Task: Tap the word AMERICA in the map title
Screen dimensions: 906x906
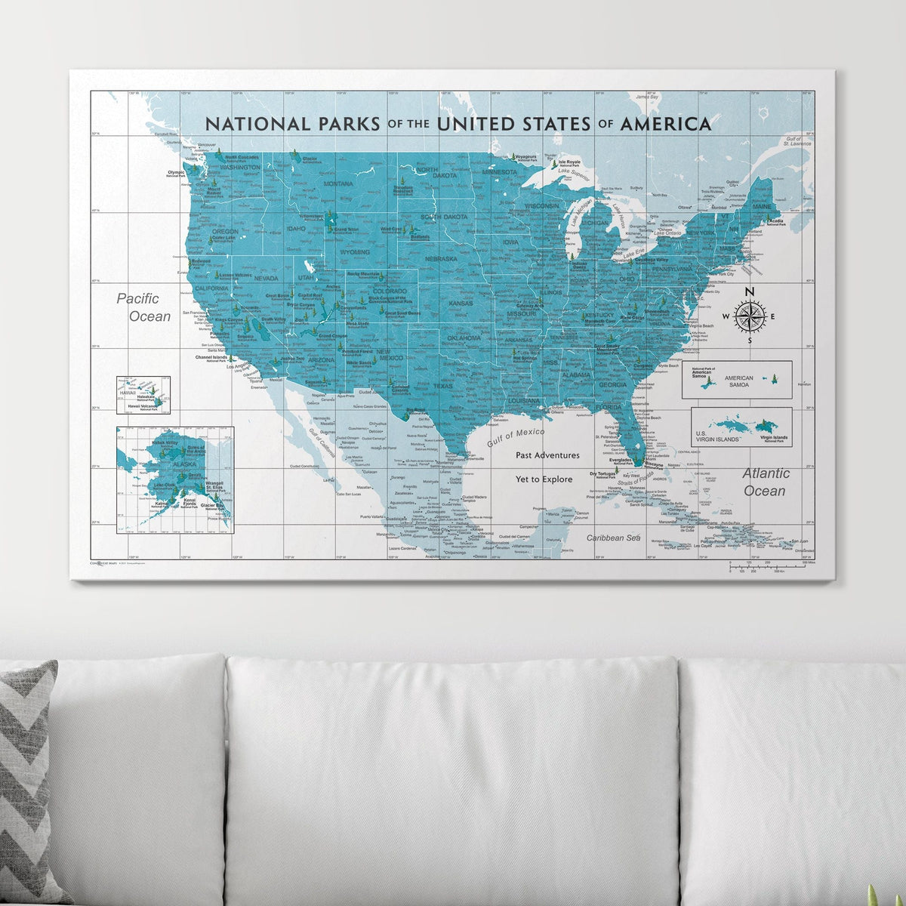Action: (665, 124)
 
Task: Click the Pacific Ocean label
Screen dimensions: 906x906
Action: (143, 307)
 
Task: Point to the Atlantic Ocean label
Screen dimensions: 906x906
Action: (765, 482)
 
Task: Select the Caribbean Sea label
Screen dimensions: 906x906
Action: (614, 538)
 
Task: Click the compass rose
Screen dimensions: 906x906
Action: (749, 316)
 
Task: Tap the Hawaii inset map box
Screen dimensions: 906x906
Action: (143, 396)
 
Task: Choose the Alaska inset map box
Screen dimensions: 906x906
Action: (175, 480)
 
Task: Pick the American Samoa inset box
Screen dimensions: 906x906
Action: (736, 379)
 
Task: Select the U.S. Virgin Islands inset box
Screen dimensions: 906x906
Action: (741, 427)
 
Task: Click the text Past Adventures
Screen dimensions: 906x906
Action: (547, 455)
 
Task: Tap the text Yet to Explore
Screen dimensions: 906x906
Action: (544, 479)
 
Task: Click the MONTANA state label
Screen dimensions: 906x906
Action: (337, 184)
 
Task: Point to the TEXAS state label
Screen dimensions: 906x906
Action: (442, 386)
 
